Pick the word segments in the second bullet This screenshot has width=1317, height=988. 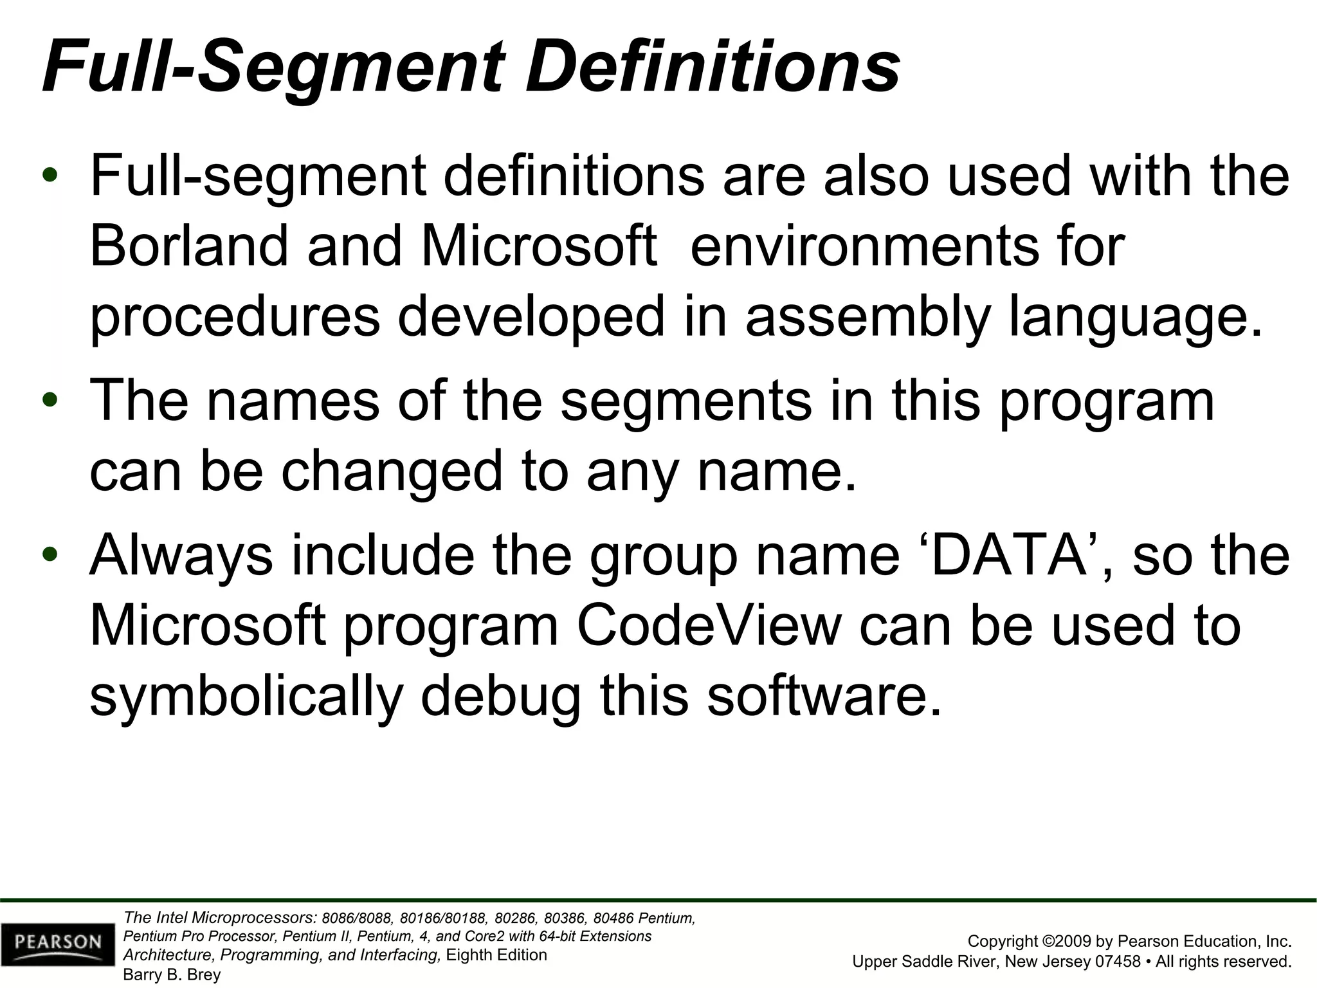686,400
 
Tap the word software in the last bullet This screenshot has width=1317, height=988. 824,697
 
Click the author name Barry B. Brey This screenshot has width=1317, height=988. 172,974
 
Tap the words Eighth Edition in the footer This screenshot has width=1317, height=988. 496,955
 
